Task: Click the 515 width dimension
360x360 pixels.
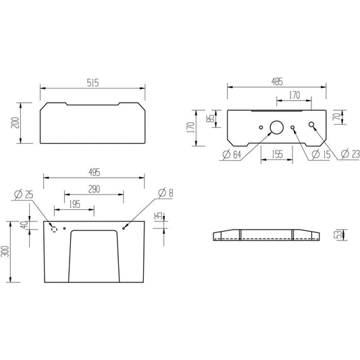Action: [93, 83]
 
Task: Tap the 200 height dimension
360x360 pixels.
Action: [15, 123]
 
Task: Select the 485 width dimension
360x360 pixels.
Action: [277, 82]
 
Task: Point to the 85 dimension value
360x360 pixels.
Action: [211, 118]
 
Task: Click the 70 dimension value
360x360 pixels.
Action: [337, 117]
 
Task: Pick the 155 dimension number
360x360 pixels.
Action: [277, 154]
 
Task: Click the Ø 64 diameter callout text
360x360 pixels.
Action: [232, 155]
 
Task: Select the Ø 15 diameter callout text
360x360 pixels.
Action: [322, 154]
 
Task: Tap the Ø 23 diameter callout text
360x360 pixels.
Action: [350, 154]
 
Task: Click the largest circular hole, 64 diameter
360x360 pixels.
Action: [277, 127]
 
